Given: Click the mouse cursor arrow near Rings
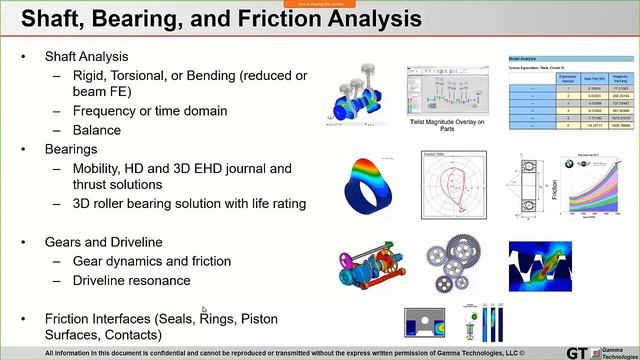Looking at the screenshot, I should (x=203, y=311).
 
